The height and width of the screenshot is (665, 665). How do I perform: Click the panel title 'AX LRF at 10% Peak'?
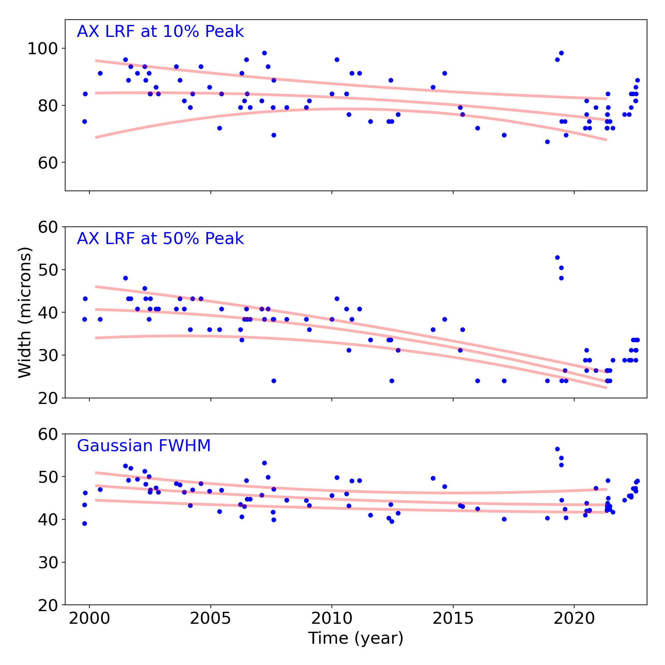click(x=160, y=32)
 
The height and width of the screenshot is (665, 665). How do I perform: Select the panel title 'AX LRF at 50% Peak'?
click(x=160, y=239)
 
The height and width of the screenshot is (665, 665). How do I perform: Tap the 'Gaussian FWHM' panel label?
click(x=144, y=446)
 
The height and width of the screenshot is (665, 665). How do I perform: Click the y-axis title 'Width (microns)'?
click(x=25, y=313)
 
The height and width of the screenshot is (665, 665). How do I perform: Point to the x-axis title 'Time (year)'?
click(x=355, y=638)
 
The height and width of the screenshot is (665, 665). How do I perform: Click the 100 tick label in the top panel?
click(x=42, y=49)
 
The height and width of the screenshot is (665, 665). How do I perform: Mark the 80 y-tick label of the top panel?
click(x=48, y=106)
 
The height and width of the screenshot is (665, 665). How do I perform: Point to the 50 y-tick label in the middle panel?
click(x=48, y=270)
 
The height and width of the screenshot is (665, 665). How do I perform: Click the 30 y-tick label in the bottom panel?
click(x=48, y=563)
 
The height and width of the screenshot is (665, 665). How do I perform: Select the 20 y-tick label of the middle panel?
click(x=48, y=398)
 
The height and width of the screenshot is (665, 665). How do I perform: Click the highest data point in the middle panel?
click(x=557, y=257)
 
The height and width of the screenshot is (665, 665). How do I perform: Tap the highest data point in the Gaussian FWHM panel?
click(x=557, y=449)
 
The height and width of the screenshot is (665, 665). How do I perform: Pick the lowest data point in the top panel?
click(x=547, y=142)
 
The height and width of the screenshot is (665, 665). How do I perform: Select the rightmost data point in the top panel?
click(x=637, y=80)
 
